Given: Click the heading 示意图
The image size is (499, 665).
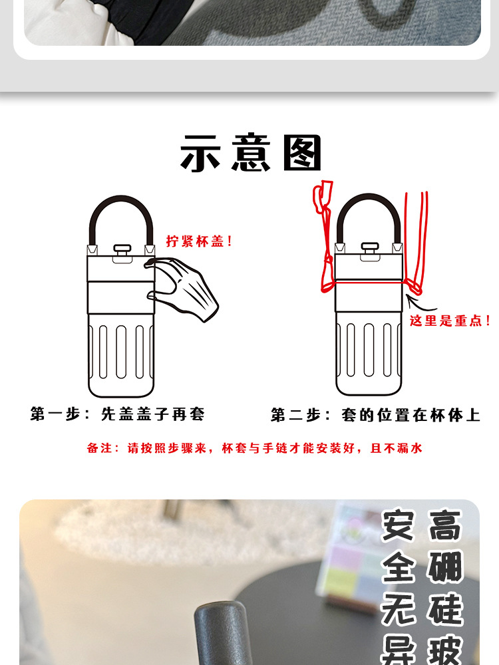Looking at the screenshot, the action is coord(250,152).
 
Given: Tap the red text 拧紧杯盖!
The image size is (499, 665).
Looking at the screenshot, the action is coord(199,241).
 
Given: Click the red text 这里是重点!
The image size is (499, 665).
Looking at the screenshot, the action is coord(449,321).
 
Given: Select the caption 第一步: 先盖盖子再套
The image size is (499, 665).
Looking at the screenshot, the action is coord(118,414).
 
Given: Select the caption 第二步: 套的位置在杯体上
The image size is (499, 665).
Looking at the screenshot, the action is coord(375,415).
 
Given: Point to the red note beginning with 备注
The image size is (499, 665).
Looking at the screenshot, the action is coord(255,448).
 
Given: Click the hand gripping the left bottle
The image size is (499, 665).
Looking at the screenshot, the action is coord(182,288).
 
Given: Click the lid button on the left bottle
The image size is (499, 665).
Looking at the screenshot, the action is coord(122,251).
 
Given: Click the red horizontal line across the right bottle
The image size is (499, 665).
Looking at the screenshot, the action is coord(369,281).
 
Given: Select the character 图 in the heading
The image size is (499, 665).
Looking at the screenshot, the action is coord(303,152).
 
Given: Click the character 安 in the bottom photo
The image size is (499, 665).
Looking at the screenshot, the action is coord(398,525).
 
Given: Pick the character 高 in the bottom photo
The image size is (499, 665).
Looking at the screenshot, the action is coord(445,525).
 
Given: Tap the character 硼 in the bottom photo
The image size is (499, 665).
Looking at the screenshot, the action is coord(445,567).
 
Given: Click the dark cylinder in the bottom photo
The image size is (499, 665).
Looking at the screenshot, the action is coord(223,633).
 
